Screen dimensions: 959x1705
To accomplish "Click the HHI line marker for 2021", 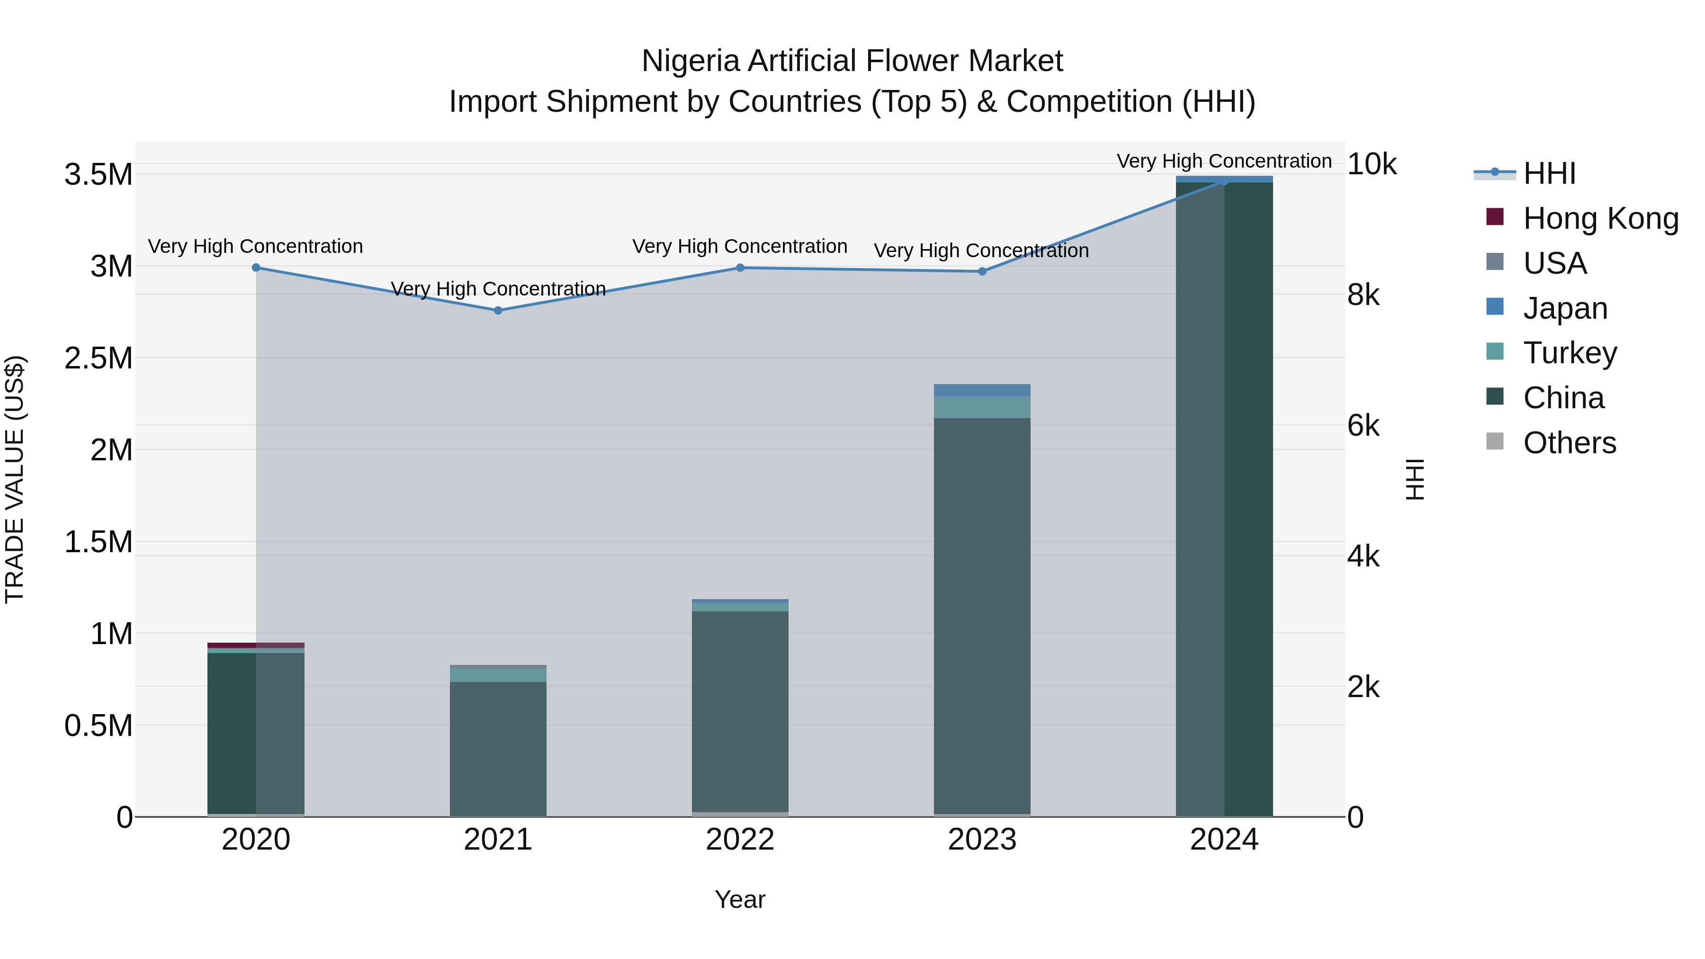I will coord(498,310).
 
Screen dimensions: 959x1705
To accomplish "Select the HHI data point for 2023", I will coord(982,271).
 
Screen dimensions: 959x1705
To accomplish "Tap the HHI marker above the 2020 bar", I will coord(256,268).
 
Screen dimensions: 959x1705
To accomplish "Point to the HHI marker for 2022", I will coord(740,268).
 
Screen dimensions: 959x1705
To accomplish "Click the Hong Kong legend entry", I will coord(1600,218).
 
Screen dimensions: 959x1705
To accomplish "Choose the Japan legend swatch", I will coord(1495,307).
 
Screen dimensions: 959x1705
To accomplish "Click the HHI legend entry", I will coord(1549,173).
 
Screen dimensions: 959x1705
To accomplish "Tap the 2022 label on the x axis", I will coord(740,840).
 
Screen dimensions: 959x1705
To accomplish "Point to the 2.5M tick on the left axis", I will coord(99,358).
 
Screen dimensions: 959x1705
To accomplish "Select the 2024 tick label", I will coord(1224,840).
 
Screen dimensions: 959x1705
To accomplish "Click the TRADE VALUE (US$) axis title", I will coord(15,479).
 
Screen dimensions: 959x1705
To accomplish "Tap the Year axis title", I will coord(740,899).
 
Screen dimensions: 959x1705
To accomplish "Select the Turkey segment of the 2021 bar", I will coord(498,674).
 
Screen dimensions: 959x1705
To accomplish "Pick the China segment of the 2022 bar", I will coord(740,711).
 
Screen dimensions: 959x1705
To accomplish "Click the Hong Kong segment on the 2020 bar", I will coord(256,645).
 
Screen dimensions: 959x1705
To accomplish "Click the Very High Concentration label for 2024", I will coord(1224,161).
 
